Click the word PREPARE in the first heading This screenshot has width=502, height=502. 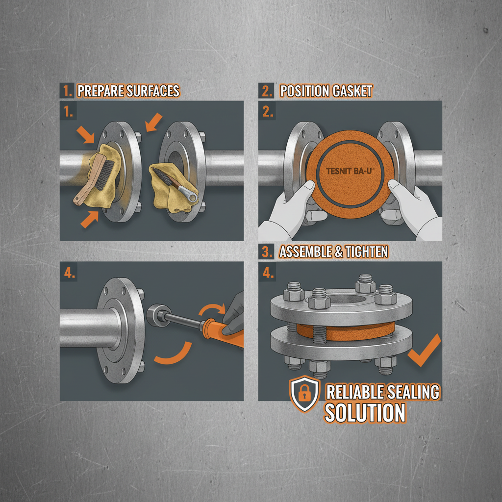(x=101, y=91)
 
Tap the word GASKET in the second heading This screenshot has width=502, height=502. (x=352, y=91)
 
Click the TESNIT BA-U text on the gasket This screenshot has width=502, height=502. (x=350, y=171)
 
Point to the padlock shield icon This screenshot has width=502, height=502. (x=304, y=394)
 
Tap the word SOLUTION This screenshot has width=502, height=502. (x=365, y=413)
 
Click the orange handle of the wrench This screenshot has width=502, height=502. (x=224, y=333)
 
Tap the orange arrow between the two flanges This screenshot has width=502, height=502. (x=154, y=122)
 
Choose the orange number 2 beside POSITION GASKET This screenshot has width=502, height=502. (x=266, y=91)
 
